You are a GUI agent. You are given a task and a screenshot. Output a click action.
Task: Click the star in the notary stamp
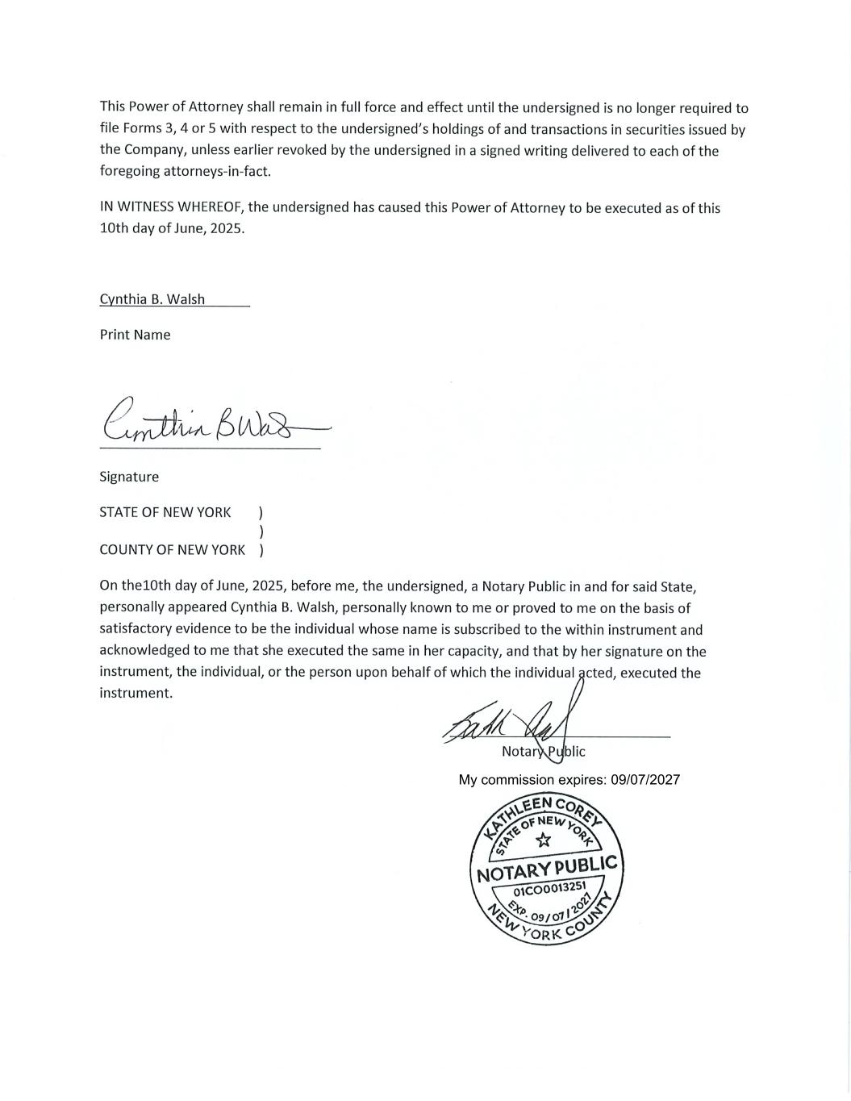click(544, 840)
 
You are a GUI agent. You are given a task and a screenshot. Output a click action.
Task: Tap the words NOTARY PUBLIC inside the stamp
click(547, 869)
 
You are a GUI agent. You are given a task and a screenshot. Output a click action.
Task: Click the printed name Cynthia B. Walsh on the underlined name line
click(152, 299)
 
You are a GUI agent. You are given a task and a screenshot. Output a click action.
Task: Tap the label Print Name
click(135, 335)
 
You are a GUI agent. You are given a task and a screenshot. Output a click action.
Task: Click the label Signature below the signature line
click(129, 477)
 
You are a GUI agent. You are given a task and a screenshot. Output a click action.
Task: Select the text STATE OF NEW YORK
click(165, 512)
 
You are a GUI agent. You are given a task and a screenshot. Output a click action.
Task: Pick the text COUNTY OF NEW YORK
click(172, 550)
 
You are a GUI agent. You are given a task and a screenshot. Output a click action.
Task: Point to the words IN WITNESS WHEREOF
click(172, 207)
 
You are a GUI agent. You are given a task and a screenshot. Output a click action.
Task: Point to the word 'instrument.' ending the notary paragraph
click(136, 694)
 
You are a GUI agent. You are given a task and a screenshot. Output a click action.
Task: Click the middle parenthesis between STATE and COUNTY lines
click(261, 532)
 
